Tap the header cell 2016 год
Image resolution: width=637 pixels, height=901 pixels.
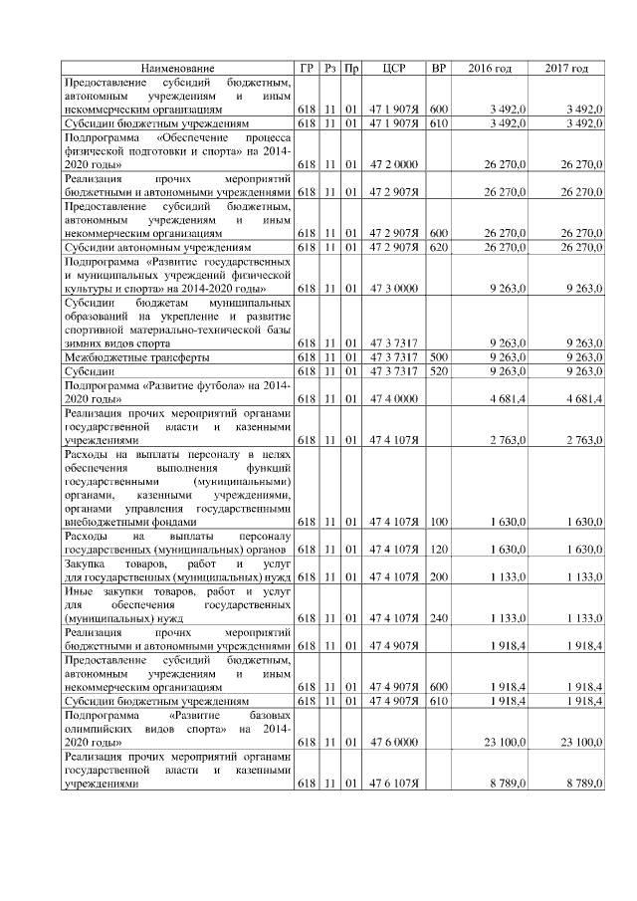tap(490, 68)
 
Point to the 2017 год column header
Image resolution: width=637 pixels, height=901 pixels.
tap(566, 68)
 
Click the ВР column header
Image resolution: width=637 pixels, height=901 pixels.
tap(439, 68)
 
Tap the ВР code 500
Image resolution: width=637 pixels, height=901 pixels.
tap(439, 354)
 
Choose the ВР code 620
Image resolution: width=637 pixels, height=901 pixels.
tap(439, 245)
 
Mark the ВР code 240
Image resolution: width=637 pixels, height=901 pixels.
tap(439, 617)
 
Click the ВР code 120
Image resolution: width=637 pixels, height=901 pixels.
tap(439, 549)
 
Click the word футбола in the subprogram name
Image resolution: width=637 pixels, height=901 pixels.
tap(219, 384)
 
